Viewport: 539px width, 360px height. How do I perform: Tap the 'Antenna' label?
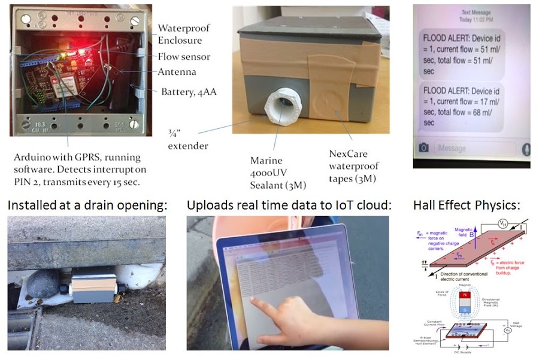[x=177, y=72]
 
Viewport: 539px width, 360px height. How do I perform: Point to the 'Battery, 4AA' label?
[x=190, y=92]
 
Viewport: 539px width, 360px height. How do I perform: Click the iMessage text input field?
[x=476, y=148]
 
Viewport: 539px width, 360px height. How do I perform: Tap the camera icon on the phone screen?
[x=424, y=148]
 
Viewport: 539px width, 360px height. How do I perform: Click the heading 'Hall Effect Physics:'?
[x=467, y=205]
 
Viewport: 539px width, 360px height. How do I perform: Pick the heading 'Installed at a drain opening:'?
[x=87, y=205]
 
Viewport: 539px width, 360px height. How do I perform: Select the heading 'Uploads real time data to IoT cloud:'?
[x=289, y=205]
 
